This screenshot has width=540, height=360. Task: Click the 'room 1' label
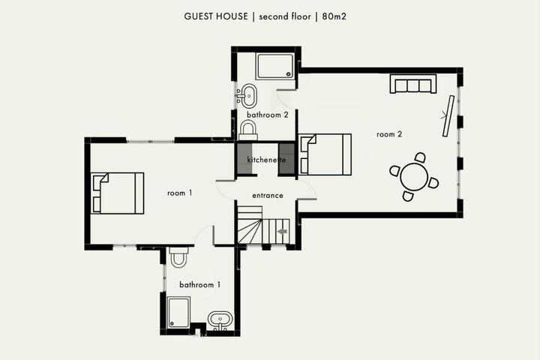(179, 193)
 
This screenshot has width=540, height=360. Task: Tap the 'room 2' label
(389, 134)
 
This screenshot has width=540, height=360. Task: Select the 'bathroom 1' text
(199, 284)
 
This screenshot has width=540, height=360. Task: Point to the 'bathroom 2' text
(267, 115)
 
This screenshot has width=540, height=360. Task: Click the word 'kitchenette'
(266, 160)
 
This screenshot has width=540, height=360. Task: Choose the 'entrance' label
(268, 196)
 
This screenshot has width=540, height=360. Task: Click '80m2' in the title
(334, 16)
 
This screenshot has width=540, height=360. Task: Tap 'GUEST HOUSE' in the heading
(216, 16)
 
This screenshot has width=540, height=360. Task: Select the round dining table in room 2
(414, 177)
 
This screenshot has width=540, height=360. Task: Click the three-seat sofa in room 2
(413, 84)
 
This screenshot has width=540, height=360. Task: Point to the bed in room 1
(118, 193)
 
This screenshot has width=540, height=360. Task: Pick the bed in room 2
(325, 154)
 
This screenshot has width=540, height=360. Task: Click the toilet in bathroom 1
(178, 257)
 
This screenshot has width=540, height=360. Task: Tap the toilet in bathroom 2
(248, 130)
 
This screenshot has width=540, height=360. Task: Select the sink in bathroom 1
(220, 319)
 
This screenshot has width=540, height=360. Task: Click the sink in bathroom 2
(247, 96)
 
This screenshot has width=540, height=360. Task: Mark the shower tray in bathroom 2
(275, 66)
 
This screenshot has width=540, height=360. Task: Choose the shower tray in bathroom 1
(178, 313)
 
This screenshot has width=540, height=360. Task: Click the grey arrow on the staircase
(283, 232)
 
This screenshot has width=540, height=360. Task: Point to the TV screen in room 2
(448, 116)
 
